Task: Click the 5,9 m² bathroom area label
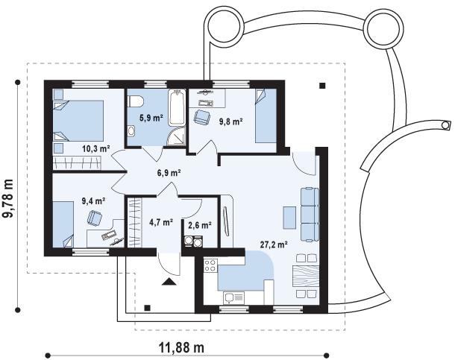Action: coord(151,118)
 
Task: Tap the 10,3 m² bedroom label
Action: coord(95,149)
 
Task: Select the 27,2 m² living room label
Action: coord(274,245)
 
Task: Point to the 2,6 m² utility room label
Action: coord(200,225)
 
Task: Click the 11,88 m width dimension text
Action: coord(181,347)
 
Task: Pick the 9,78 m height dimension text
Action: coord(8,198)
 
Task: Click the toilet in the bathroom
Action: coord(136,101)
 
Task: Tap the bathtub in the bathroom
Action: coord(177,107)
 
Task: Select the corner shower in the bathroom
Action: coord(176,137)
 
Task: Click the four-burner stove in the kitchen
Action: coord(210,265)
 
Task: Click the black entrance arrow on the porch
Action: coord(169,282)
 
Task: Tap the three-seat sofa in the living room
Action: coord(310,215)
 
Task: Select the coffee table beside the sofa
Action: coord(289,218)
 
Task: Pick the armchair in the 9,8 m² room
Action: coord(202,118)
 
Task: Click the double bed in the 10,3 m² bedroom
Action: coord(78,121)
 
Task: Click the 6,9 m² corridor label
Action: coord(169,173)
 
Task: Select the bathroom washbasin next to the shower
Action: coord(131,130)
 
